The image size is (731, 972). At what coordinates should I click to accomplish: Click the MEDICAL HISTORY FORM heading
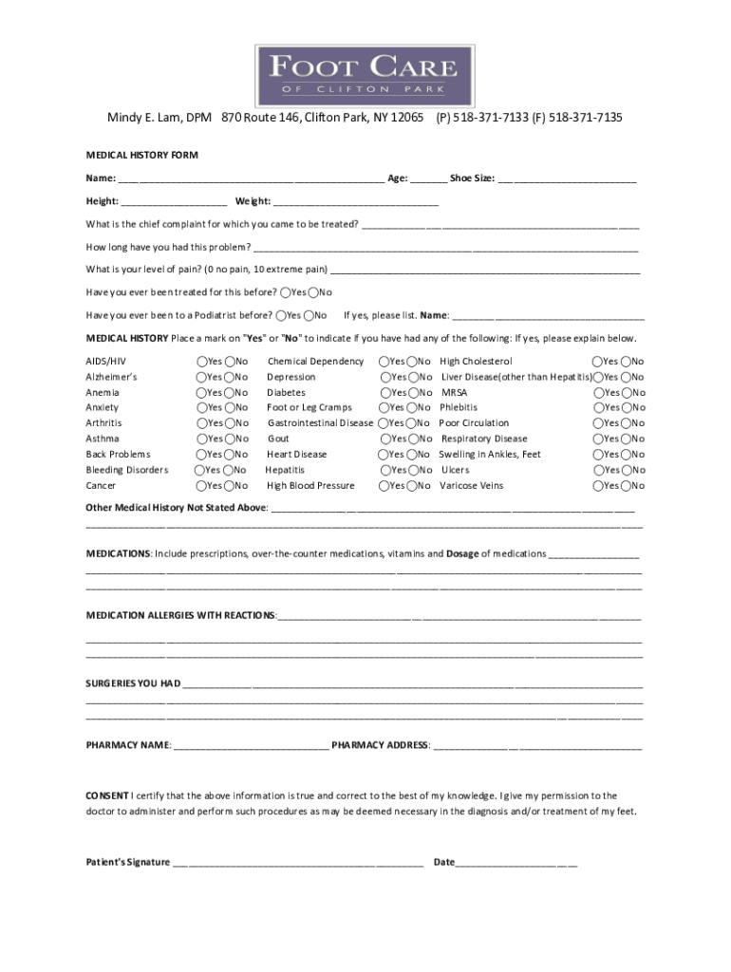click(x=142, y=155)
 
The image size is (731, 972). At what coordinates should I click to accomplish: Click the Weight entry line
click(x=356, y=202)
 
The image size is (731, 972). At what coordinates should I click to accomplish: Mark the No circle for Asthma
click(x=230, y=439)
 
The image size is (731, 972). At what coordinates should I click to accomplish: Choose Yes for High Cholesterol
click(x=598, y=362)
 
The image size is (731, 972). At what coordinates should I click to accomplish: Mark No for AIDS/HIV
click(x=230, y=362)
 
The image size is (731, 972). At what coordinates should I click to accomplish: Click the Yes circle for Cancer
click(x=202, y=486)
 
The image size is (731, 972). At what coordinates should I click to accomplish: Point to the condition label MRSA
click(x=455, y=392)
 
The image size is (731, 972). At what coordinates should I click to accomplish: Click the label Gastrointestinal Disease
click(x=321, y=423)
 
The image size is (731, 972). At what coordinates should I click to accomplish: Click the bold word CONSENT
click(x=107, y=795)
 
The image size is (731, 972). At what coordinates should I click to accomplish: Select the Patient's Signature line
click(x=298, y=863)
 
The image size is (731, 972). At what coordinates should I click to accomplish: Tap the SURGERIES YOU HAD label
click(x=133, y=683)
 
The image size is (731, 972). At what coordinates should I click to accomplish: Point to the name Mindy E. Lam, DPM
click(x=159, y=118)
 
